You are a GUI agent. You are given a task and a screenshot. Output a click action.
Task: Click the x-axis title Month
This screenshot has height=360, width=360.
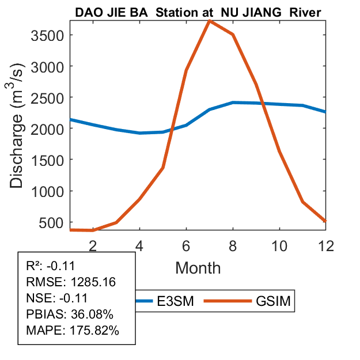pos(198,267)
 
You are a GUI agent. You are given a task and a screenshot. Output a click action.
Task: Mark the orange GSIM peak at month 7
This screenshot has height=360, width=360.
pos(210,21)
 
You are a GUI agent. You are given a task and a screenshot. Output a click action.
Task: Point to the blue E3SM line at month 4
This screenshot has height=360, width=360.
pos(139,133)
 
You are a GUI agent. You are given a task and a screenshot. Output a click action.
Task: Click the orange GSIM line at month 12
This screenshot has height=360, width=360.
pos(325,221)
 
